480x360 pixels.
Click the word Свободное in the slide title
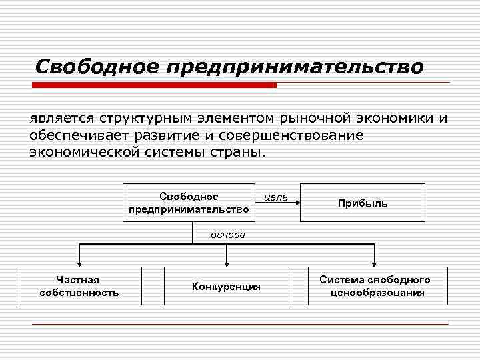click(x=97, y=67)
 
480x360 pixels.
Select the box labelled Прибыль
click(x=363, y=202)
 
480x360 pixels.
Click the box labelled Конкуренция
click(x=227, y=286)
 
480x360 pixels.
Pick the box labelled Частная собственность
click(x=79, y=286)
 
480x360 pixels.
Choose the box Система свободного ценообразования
click(x=374, y=286)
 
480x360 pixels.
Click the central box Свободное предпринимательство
click(x=189, y=202)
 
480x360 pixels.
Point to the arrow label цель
click(x=276, y=197)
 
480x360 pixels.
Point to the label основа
click(x=228, y=235)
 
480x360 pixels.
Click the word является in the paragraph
click(x=61, y=119)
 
